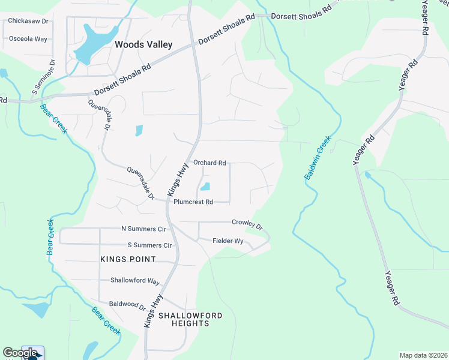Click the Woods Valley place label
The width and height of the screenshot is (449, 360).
[x=143, y=44]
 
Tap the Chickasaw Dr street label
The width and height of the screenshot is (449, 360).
[x=28, y=20]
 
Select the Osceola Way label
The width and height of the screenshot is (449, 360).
[x=28, y=38]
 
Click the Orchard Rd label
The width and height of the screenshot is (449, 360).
[x=209, y=163]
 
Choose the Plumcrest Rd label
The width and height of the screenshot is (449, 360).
[x=193, y=202]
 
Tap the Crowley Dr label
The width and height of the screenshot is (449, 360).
[x=247, y=224]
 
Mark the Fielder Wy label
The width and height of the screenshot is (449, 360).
[x=228, y=241]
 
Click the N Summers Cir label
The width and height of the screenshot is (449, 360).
[x=143, y=229]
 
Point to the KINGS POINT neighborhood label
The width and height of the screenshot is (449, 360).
[x=128, y=259]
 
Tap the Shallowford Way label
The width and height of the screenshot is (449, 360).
[x=134, y=281]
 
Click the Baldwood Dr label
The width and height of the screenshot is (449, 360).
[x=127, y=305]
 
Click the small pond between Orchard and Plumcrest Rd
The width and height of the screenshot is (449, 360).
[x=205, y=187]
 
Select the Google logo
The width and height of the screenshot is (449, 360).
[x=19, y=353]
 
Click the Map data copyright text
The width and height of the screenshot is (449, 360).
[x=423, y=355]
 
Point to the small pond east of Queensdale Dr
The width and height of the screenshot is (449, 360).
[x=139, y=130]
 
